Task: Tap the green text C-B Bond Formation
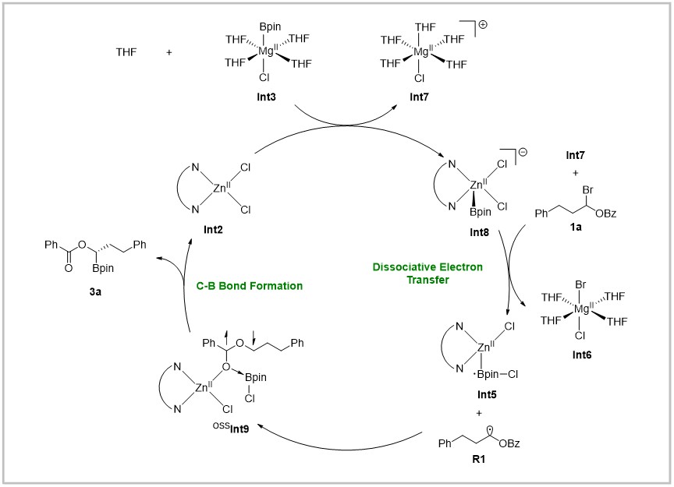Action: point(250,286)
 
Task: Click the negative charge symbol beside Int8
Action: point(522,152)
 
